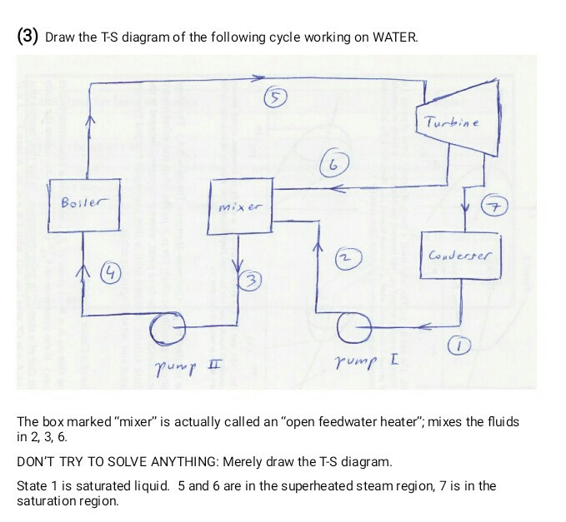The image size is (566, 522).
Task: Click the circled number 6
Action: coord(333,162)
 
